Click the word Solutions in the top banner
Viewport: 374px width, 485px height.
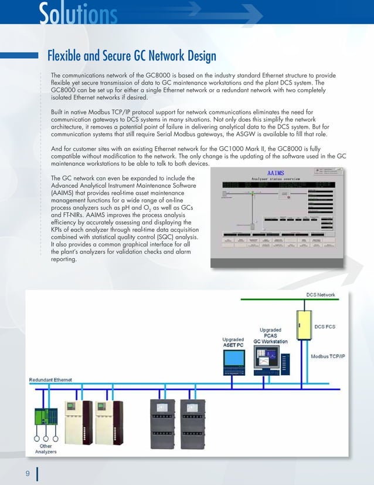tap(78, 13)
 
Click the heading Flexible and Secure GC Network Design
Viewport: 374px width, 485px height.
tap(131, 56)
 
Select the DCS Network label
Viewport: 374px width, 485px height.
tap(321, 294)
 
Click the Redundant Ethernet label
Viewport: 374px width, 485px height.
tap(51, 380)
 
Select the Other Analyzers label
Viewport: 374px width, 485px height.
tap(46, 449)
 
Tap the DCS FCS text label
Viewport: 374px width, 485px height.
tap(328, 326)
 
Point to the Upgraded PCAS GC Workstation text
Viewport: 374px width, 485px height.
tap(270, 335)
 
